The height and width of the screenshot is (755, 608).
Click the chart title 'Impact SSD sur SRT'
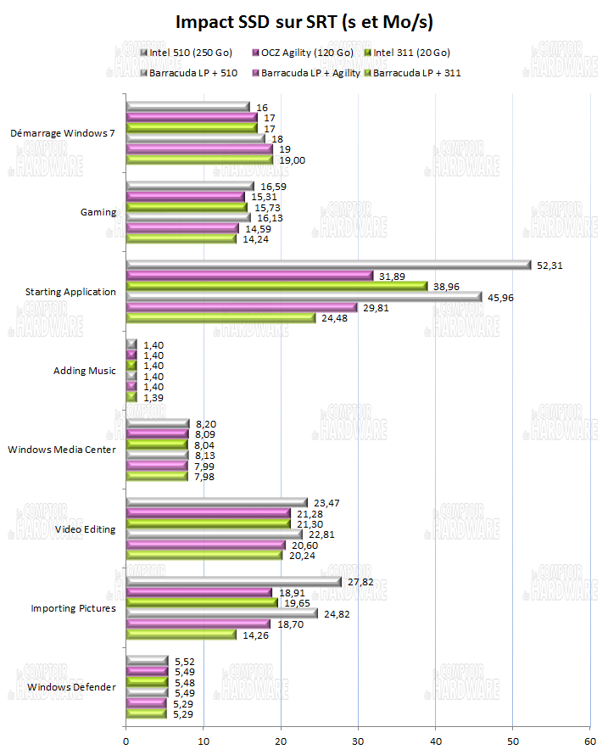304,20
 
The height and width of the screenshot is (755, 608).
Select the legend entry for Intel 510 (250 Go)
183,53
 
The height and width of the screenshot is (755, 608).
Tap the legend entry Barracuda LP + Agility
306,73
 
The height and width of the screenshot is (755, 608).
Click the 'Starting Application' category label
72,292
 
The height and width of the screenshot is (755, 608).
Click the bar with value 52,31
327,265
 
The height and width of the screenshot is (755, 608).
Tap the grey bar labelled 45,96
303,297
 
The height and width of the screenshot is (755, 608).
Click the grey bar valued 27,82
233,582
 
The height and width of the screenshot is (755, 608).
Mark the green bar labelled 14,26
181,634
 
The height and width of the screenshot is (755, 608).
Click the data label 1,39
153,397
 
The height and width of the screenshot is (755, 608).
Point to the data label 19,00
289,159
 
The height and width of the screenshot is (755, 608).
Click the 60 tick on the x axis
589,741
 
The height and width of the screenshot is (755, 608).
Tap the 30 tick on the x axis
358,741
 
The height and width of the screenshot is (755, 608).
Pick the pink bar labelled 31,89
248,275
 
